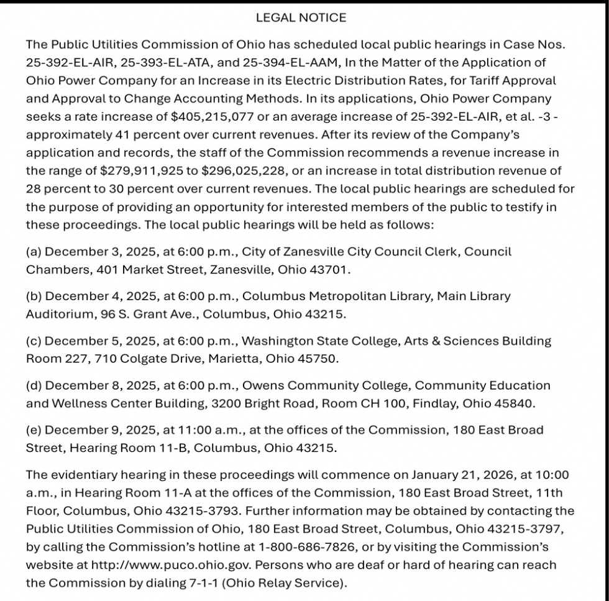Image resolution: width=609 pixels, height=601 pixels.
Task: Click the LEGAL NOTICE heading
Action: pos(301,18)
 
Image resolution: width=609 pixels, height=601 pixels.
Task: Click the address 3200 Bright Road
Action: pos(265,404)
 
